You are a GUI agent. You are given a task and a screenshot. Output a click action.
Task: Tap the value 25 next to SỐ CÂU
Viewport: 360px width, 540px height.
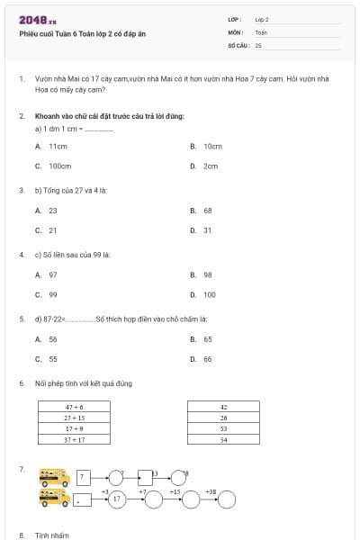coord(258,44)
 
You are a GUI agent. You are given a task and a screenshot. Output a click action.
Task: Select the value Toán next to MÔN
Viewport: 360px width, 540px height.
coord(261,31)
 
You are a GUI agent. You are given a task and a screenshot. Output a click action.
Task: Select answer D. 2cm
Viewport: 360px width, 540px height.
coord(205,166)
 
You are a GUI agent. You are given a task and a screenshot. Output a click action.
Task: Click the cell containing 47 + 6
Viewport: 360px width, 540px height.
coord(74,407)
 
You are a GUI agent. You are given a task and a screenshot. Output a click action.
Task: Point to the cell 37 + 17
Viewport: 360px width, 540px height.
coord(74,439)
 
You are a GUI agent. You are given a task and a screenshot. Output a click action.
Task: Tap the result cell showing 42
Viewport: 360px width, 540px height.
coord(223,407)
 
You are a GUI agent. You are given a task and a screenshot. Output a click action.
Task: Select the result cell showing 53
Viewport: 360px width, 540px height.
coord(223,428)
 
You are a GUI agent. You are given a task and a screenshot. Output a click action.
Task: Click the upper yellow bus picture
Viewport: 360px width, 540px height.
coord(55,477)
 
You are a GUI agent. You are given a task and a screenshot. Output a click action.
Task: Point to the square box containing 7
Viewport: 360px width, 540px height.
coord(83,477)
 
